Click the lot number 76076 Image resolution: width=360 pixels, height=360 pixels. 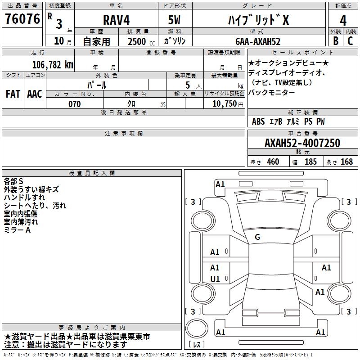22,19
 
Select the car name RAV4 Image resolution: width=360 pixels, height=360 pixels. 116,20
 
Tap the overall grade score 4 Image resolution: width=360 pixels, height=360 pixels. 343,21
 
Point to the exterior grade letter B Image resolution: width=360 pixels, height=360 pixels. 336,41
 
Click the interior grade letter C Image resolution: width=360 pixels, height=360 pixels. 350,41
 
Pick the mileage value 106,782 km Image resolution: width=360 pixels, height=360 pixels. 53,65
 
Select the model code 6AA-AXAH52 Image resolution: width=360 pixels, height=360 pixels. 258,41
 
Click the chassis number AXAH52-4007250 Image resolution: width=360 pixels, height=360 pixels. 302,143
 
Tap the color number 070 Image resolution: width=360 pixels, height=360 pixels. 75,104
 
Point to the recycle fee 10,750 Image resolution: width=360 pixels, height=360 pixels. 224,103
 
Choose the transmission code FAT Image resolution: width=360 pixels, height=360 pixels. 13,94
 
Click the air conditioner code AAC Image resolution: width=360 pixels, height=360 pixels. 35,94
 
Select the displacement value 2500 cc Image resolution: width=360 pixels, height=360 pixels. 141,41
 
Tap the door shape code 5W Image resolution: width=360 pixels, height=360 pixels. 174,20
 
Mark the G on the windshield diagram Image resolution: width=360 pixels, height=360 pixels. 257,237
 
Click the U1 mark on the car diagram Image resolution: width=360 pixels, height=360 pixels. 215,279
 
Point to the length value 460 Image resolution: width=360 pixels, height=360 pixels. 273,162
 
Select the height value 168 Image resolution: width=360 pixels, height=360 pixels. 346,162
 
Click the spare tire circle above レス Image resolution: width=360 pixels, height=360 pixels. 197,328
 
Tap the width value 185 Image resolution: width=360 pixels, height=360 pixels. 310,162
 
